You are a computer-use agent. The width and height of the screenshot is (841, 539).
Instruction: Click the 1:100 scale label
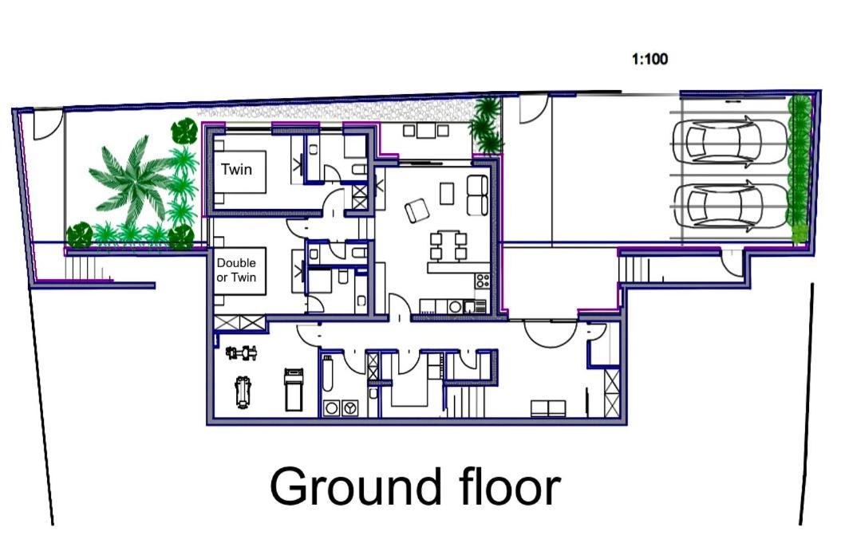click(650, 59)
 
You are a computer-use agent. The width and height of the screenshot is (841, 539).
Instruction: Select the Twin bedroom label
click(236, 169)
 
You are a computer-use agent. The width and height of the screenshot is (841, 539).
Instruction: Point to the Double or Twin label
click(236, 270)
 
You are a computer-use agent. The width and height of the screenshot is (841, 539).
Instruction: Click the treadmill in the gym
click(294, 389)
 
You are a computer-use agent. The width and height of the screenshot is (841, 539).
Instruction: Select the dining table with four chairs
click(446, 246)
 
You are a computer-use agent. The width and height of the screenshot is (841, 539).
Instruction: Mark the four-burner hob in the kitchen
click(482, 280)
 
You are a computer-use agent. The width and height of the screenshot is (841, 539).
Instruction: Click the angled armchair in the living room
click(417, 210)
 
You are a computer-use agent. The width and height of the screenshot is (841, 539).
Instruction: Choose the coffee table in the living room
click(447, 193)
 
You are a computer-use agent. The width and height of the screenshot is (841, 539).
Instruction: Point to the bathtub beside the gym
click(328, 373)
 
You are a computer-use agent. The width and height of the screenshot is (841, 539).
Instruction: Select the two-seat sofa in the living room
click(477, 195)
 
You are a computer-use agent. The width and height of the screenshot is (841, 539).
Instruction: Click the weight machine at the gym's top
click(241, 353)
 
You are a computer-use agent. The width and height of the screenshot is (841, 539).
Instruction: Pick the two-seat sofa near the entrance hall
click(548, 408)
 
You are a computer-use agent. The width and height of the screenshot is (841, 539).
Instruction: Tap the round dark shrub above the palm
click(184, 131)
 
